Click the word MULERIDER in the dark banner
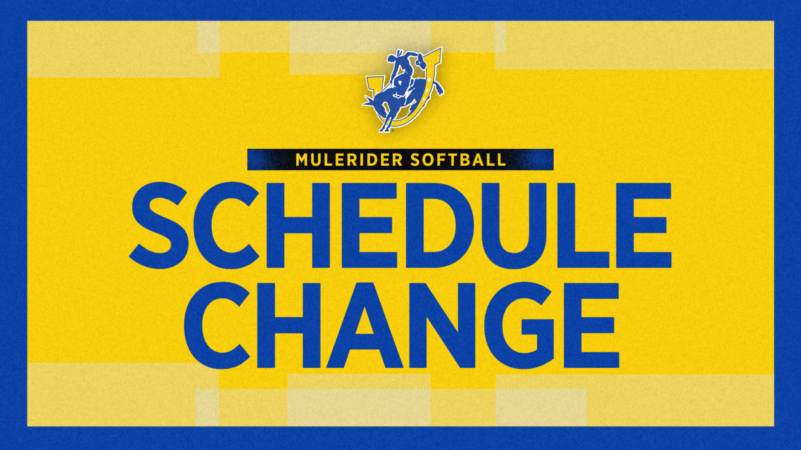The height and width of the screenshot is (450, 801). (x=349, y=160)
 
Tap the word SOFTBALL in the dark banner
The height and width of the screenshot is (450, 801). (x=458, y=160)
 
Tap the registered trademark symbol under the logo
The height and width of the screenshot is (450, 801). (x=392, y=130)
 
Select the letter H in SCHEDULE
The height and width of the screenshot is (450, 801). (x=298, y=225)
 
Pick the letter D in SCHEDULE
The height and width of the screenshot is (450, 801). (x=439, y=225)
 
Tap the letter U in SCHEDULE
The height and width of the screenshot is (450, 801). (x=513, y=225)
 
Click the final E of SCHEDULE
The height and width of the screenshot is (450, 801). (x=643, y=225)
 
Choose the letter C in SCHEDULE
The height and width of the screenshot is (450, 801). (x=226, y=225)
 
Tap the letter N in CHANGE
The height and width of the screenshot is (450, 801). (x=443, y=325)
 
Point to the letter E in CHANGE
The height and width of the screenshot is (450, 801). (x=591, y=325)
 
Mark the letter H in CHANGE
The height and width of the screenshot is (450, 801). (x=288, y=325)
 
